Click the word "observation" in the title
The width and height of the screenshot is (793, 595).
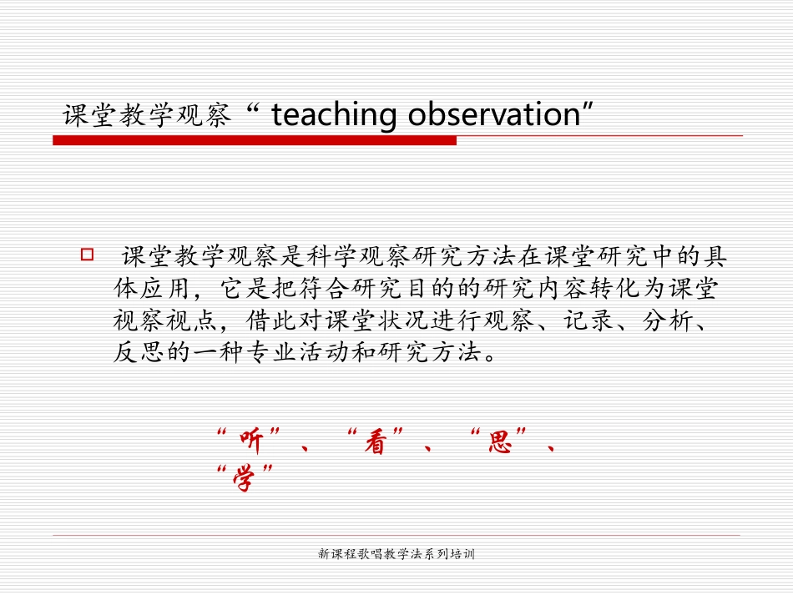pyautogui.click(x=493, y=115)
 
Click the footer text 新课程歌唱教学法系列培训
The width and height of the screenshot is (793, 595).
pyautogui.click(x=396, y=554)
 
